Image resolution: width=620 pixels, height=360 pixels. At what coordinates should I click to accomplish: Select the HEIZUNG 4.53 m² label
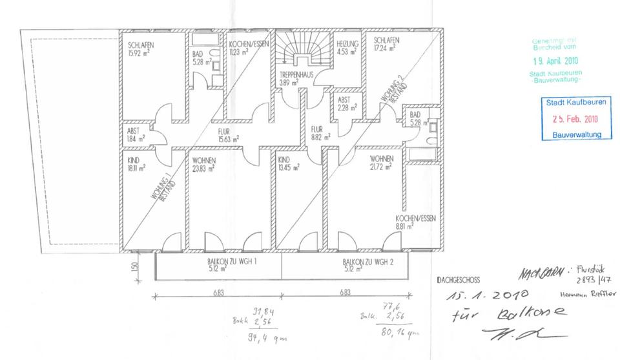347,48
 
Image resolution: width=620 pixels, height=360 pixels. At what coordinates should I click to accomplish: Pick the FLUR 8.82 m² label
320,132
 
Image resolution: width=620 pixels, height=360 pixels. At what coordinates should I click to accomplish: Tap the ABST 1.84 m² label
136,134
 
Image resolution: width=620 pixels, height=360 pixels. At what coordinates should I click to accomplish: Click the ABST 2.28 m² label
344,104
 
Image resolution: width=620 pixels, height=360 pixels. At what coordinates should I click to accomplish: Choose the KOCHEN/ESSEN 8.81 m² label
415,223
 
